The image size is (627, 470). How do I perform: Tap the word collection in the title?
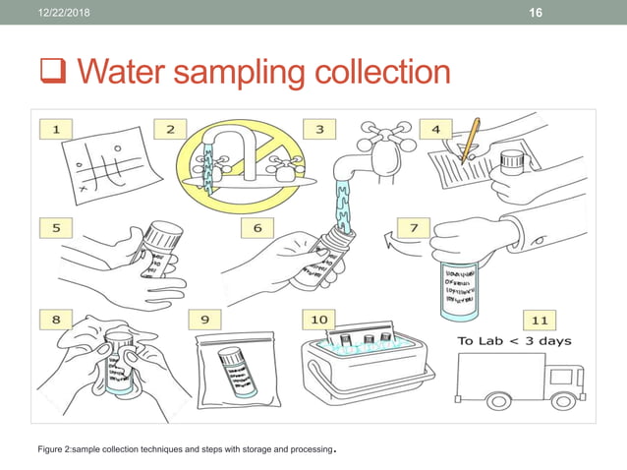378,71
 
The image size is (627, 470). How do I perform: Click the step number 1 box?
58,128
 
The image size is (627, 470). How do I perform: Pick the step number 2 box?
170,128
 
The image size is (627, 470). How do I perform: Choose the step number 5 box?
58,226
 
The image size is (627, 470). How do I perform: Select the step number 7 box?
415,226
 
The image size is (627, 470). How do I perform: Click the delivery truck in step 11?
520,382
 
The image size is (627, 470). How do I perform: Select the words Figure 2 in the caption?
56,450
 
